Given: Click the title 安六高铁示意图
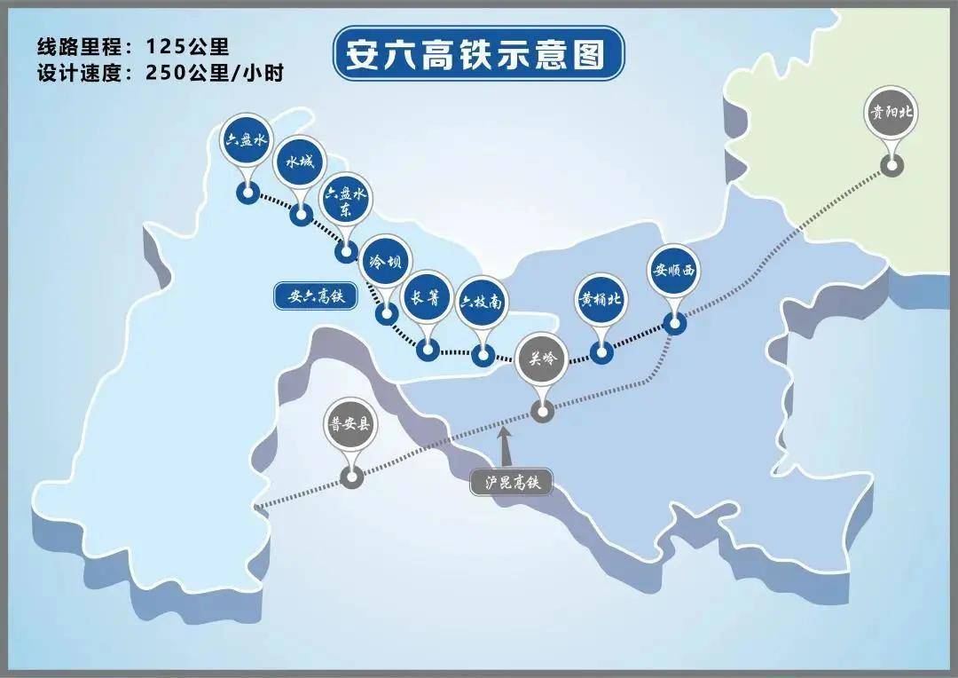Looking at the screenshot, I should coord(478,54).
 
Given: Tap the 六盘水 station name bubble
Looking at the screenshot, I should coord(246,141).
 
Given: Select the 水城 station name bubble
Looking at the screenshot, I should coord(300,162).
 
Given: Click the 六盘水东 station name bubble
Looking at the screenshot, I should coord(345,206).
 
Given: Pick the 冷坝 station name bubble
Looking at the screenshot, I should coord(387,262).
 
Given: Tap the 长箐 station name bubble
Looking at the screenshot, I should coord(427,298).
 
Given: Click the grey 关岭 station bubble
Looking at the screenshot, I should coord(541,359).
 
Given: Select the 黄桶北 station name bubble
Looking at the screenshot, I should coord(601,299).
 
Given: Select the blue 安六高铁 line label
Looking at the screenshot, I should coord(315,297).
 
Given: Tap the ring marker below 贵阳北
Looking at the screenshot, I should coord(891,165).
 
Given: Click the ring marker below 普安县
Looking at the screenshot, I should coord(352,477).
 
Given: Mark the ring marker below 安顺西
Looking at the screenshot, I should coord(675,323).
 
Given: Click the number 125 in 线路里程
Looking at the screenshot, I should coord(170,46).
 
